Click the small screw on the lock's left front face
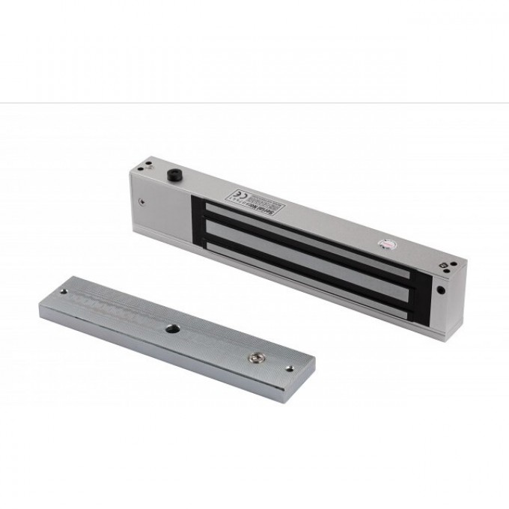click(x=141, y=200)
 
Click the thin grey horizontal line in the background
click(x=254, y=103)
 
